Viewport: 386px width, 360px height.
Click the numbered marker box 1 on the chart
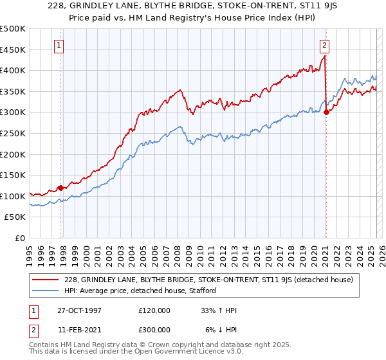(x=59, y=45)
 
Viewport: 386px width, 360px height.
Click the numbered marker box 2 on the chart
(x=324, y=45)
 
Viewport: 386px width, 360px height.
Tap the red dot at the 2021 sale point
(x=326, y=112)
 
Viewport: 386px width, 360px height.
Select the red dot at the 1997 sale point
(x=61, y=188)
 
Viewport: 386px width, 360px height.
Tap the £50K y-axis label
(x=15, y=217)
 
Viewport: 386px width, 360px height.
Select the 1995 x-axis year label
(x=30, y=253)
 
